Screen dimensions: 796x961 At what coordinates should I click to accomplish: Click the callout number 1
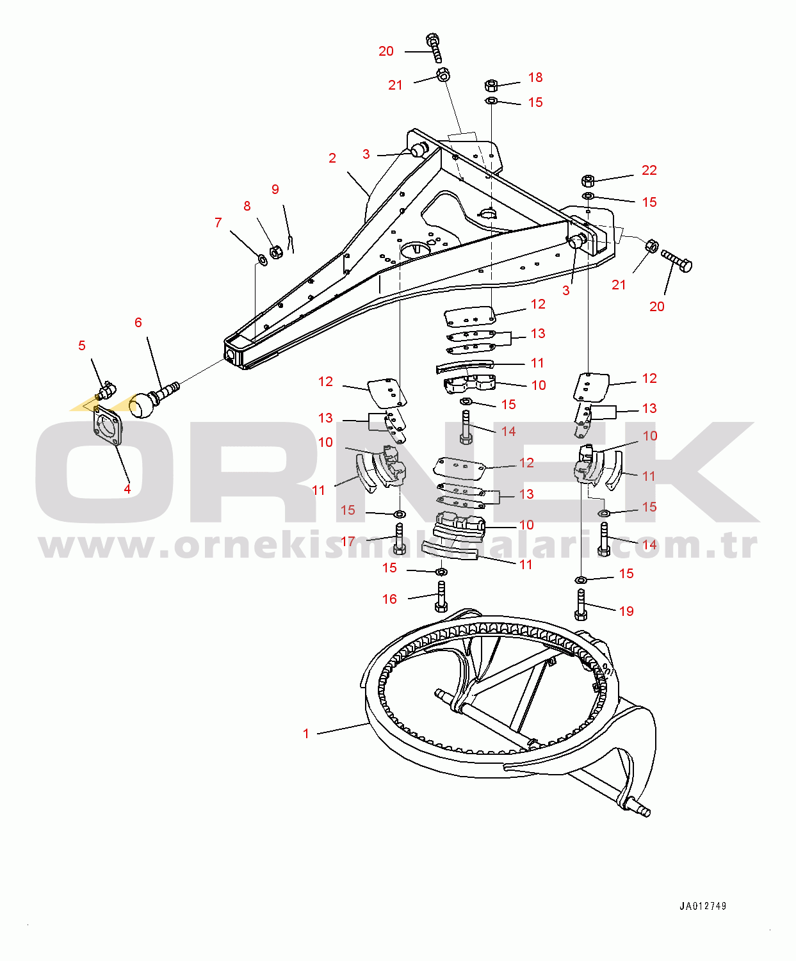click(x=306, y=734)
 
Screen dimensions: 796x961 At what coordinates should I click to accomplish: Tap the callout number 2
click(x=332, y=158)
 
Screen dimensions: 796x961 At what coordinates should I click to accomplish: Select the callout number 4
click(x=127, y=489)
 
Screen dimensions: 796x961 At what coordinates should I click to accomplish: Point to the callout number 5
click(x=82, y=346)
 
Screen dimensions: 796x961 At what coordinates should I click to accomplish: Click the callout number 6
click(x=138, y=323)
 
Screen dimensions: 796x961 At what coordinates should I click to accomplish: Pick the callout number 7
click(x=218, y=223)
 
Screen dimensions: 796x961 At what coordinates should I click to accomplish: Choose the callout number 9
click(x=275, y=189)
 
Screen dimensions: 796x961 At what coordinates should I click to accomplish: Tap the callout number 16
click(x=389, y=599)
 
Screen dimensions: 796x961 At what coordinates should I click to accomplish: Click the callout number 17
click(x=348, y=542)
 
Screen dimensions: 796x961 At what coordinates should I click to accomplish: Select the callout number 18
click(x=535, y=77)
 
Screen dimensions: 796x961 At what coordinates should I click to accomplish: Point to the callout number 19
click(x=626, y=611)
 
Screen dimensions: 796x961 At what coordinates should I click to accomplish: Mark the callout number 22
click(x=649, y=170)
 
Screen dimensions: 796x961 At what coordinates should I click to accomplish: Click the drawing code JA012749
click(x=703, y=906)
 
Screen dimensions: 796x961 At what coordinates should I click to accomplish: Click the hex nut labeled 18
click(x=491, y=85)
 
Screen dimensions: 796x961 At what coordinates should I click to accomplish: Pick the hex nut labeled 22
click(x=587, y=181)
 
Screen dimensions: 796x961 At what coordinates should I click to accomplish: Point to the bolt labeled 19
click(x=581, y=604)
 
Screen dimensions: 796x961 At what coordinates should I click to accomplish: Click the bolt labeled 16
click(x=441, y=596)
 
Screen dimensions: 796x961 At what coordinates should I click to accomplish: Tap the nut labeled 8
click(x=276, y=252)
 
